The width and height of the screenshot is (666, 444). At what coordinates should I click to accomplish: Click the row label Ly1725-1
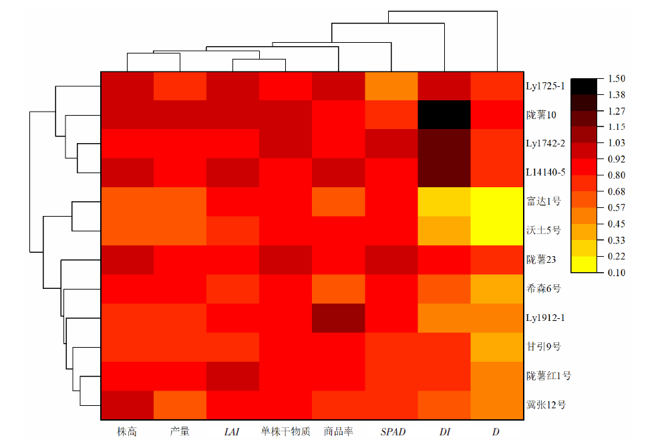(x=546, y=86)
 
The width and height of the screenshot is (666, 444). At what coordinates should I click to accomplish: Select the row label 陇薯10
(x=542, y=115)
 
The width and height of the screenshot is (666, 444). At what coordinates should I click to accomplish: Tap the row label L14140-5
(x=546, y=173)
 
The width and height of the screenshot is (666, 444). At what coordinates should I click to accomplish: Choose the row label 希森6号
(x=543, y=289)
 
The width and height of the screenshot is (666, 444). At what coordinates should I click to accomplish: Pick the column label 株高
(x=126, y=432)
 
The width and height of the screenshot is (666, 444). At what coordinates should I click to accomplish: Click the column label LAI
(x=232, y=432)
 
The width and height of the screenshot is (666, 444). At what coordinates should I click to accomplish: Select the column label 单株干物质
(x=285, y=432)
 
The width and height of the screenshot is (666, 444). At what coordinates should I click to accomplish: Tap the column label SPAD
(x=392, y=432)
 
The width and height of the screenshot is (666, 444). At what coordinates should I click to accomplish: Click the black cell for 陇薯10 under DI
(x=444, y=115)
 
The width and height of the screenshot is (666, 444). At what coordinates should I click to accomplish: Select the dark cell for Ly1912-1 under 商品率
(x=338, y=318)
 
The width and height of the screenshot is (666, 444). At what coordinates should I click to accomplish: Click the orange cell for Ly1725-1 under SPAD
(x=391, y=86)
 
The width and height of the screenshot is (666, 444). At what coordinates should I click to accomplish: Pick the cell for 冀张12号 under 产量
(x=180, y=405)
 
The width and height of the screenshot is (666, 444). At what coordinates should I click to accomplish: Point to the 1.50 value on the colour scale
(x=615, y=79)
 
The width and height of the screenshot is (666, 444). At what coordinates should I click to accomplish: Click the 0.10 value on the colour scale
(x=615, y=272)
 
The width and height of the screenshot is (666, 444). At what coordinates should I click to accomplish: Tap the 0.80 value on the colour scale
(x=615, y=175)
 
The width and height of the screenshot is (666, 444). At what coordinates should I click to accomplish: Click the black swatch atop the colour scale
(x=584, y=86)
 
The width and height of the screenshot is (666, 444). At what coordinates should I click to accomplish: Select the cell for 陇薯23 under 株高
(x=127, y=259)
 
